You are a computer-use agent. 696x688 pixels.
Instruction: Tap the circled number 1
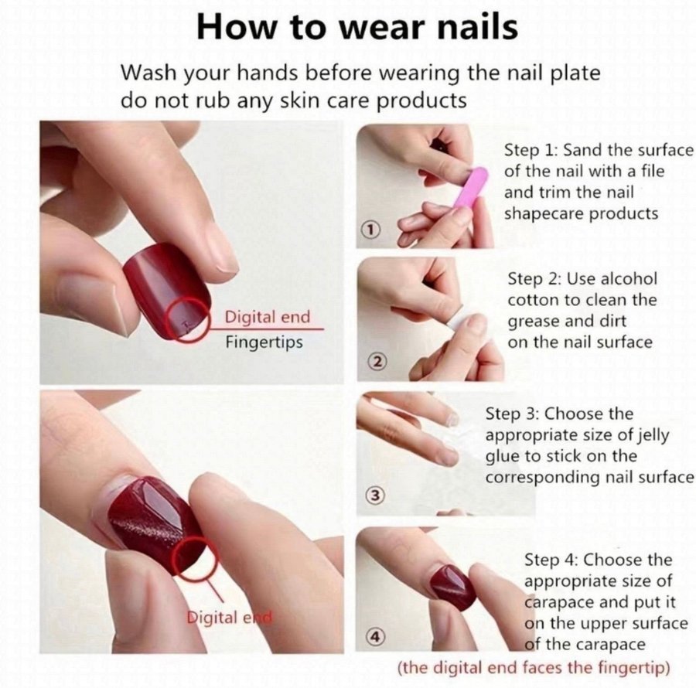click(x=372, y=229)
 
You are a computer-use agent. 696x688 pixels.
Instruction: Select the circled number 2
click(x=377, y=362)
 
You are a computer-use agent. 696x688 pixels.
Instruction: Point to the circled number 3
click(x=375, y=495)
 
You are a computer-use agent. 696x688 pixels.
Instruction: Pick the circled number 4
click(x=375, y=636)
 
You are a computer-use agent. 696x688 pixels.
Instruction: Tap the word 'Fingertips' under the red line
click(x=264, y=342)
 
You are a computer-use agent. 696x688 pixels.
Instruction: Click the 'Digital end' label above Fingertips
click(x=268, y=317)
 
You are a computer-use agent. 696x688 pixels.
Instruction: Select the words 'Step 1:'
click(x=531, y=151)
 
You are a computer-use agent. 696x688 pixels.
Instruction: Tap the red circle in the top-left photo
click(x=189, y=320)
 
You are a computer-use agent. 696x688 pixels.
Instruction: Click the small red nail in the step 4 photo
click(x=452, y=588)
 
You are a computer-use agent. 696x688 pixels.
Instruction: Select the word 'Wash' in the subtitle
click(x=148, y=73)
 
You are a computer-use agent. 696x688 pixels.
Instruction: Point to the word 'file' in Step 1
click(x=652, y=171)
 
